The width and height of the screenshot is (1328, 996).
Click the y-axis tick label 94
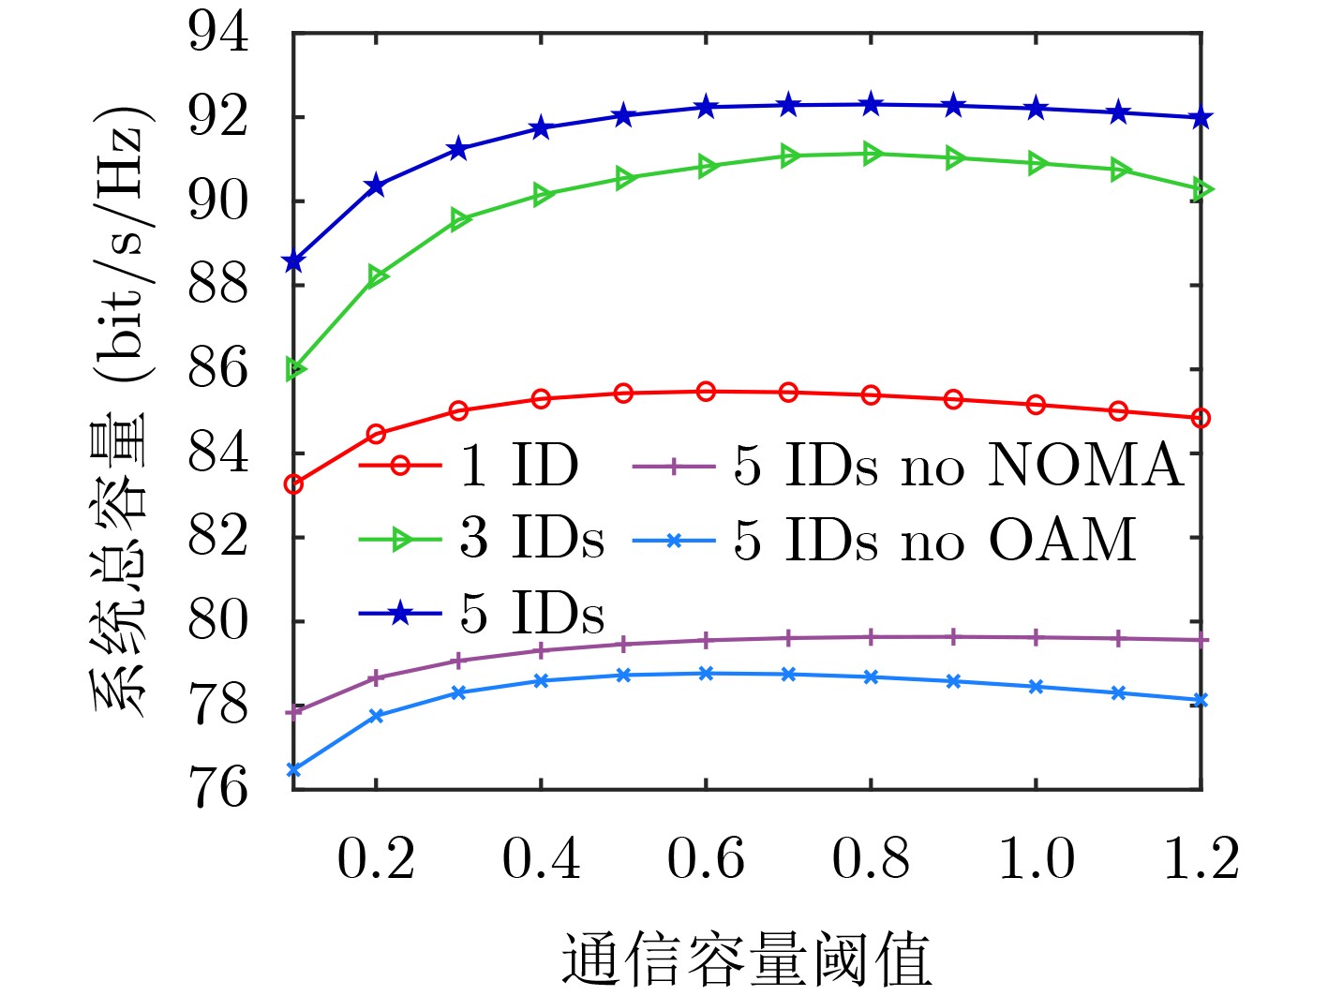(x=218, y=34)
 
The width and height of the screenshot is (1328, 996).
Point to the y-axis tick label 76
(x=218, y=787)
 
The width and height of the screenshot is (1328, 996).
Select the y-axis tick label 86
(x=218, y=368)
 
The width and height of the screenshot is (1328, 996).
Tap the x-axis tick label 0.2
(x=376, y=858)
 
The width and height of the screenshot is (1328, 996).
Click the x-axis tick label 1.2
(x=1201, y=858)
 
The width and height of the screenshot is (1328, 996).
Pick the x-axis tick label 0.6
(x=706, y=858)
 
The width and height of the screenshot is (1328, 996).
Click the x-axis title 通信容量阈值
(x=746, y=959)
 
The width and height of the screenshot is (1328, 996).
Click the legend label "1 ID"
(x=519, y=465)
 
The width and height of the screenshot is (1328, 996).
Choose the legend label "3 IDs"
(x=531, y=539)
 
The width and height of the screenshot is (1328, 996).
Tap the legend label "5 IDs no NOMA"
(x=958, y=465)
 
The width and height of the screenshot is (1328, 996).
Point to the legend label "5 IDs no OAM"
(x=934, y=540)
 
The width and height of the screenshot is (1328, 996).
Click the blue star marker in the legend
(x=400, y=614)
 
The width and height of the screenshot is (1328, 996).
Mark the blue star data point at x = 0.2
(x=376, y=186)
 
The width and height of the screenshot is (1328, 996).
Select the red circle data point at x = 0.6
(x=706, y=391)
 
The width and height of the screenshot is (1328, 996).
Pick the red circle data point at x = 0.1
(x=294, y=484)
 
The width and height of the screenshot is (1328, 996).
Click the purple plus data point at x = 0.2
(x=376, y=676)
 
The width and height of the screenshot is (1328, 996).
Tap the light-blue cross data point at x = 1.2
(x=1201, y=700)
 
